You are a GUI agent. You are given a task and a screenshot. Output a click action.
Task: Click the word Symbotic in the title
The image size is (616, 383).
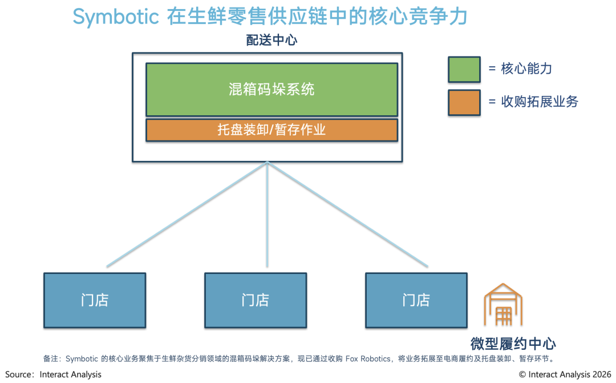tap(116, 17)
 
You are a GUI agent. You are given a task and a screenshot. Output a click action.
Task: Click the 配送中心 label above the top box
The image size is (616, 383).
tap(271, 40)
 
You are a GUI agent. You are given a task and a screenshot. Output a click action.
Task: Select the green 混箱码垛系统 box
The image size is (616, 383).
tap(272, 89)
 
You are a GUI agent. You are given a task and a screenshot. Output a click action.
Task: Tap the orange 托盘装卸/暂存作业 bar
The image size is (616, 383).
tap(272, 130)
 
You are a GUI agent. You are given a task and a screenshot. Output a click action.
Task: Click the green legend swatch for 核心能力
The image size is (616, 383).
tap(464, 70)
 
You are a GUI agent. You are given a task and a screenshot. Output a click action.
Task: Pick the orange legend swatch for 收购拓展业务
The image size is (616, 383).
tap(464, 103)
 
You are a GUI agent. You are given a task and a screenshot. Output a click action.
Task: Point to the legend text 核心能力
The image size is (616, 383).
tap(526, 69)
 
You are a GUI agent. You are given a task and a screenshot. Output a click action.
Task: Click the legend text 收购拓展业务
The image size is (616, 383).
tap(540, 102)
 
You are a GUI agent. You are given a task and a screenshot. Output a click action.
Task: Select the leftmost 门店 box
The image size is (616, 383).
tap(95, 300)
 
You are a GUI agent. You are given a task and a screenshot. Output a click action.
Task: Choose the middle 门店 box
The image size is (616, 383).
tap(256, 300)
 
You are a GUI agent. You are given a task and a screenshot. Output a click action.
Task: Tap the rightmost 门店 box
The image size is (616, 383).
tap(416, 300)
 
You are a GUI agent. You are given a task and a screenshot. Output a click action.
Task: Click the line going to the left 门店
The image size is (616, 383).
tap(187, 215)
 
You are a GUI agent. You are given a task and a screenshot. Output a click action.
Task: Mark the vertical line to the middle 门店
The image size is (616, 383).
tap(267, 215)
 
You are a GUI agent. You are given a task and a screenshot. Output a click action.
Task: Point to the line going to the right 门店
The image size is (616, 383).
tap(348, 215)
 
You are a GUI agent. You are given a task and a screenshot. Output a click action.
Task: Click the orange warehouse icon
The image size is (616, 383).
tap(503, 304)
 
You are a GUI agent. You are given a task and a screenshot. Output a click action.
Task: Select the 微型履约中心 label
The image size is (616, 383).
tap(513, 344)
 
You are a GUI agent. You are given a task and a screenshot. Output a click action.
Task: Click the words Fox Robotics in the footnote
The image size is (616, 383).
tap(368, 358)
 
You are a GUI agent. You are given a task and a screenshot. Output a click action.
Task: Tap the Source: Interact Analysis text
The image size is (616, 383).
tap(54, 374)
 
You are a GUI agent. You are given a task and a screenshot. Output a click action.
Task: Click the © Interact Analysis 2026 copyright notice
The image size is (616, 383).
tap(565, 374)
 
